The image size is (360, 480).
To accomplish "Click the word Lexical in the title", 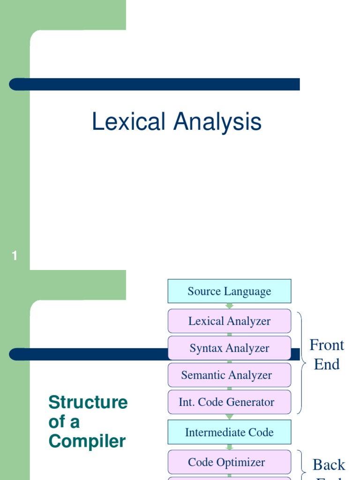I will tap(128, 122).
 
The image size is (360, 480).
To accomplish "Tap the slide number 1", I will tap(15, 256).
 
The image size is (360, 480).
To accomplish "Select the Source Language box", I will tap(229, 291).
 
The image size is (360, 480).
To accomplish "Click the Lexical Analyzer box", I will tap(229, 321).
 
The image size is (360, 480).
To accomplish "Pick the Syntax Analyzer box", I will tap(229, 348).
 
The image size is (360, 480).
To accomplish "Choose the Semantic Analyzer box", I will tap(229, 375).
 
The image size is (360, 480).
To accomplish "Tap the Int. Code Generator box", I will tap(229, 402).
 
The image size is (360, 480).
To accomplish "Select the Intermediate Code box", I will tap(229, 432).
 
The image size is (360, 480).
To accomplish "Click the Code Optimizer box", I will tap(229, 462).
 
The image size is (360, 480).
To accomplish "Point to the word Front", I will tap(327, 345).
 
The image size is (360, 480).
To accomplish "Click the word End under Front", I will tap(327, 364).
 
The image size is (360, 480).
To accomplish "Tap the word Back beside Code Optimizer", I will tap(329, 465).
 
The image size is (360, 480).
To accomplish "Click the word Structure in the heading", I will tap(88, 403).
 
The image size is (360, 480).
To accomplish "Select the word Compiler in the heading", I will tap(87, 442).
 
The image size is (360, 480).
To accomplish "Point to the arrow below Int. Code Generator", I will tap(230, 416).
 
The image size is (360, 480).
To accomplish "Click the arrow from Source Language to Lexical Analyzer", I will tap(230, 306).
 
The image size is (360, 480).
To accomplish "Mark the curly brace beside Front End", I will tap(302, 361).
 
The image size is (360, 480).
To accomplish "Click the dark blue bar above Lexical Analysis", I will tap(155, 84).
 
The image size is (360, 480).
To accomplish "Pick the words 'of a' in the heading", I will tap(64, 422).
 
